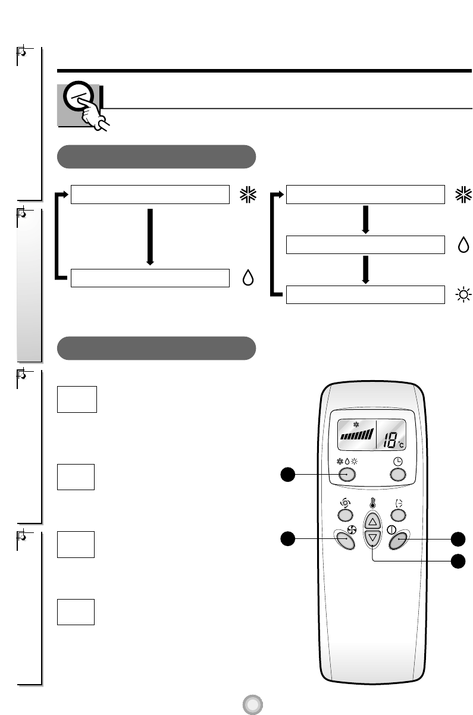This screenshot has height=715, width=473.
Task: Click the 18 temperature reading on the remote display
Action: pyautogui.click(x=390, y=441)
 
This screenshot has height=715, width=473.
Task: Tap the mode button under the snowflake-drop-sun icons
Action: pyautogui.click(x=347, y=474)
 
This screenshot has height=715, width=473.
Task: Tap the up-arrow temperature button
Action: pyautogui.click(x=372, y=522)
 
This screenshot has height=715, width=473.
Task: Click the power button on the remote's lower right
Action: pyautogui.click(x=398, y=540)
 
